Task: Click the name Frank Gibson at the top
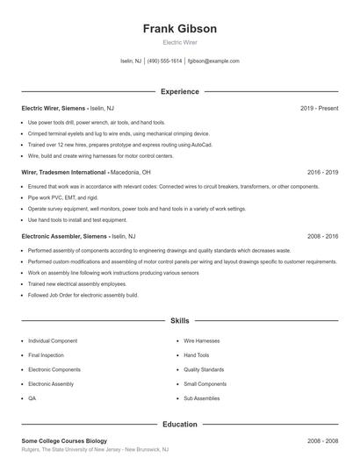click(179, 28)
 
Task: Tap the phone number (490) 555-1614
click(164, 61)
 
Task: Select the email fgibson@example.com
click(213, 61)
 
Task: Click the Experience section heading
click(179, 91)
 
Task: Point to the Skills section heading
click(179, 321)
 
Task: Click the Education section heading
click(179, 425)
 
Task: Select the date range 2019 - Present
click(319, 108)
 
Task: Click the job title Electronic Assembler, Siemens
click(64, 237)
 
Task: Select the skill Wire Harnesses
click(201, 340)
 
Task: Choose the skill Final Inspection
click(46, 355)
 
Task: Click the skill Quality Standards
click(205, 369)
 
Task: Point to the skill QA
click(32, 398)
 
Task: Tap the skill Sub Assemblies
click(202, 398)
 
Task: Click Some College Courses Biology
click(64, 441)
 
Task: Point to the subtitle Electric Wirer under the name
click(179, 42)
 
